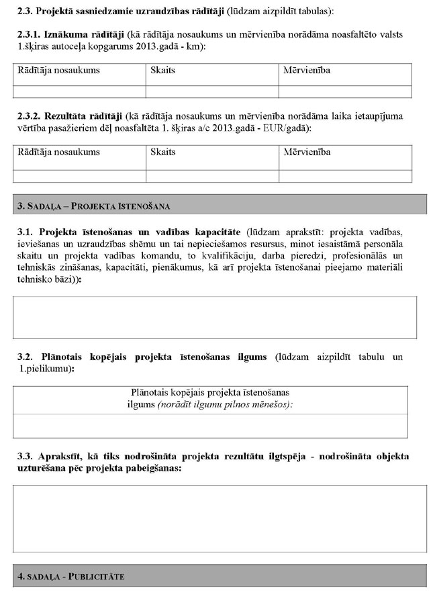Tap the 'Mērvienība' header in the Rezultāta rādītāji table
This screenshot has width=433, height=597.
(307, 152)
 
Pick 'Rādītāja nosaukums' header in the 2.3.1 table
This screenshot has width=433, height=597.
(58, 71)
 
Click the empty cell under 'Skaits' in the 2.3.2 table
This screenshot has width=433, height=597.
(212, 176)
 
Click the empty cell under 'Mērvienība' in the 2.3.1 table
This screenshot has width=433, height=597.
(344, 92)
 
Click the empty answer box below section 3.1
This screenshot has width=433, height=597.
(215, 317)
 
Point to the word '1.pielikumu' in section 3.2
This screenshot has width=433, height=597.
(48, 369)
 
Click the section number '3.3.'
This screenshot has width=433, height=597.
(25, 457)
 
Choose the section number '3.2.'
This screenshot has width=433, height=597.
(25, 357)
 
